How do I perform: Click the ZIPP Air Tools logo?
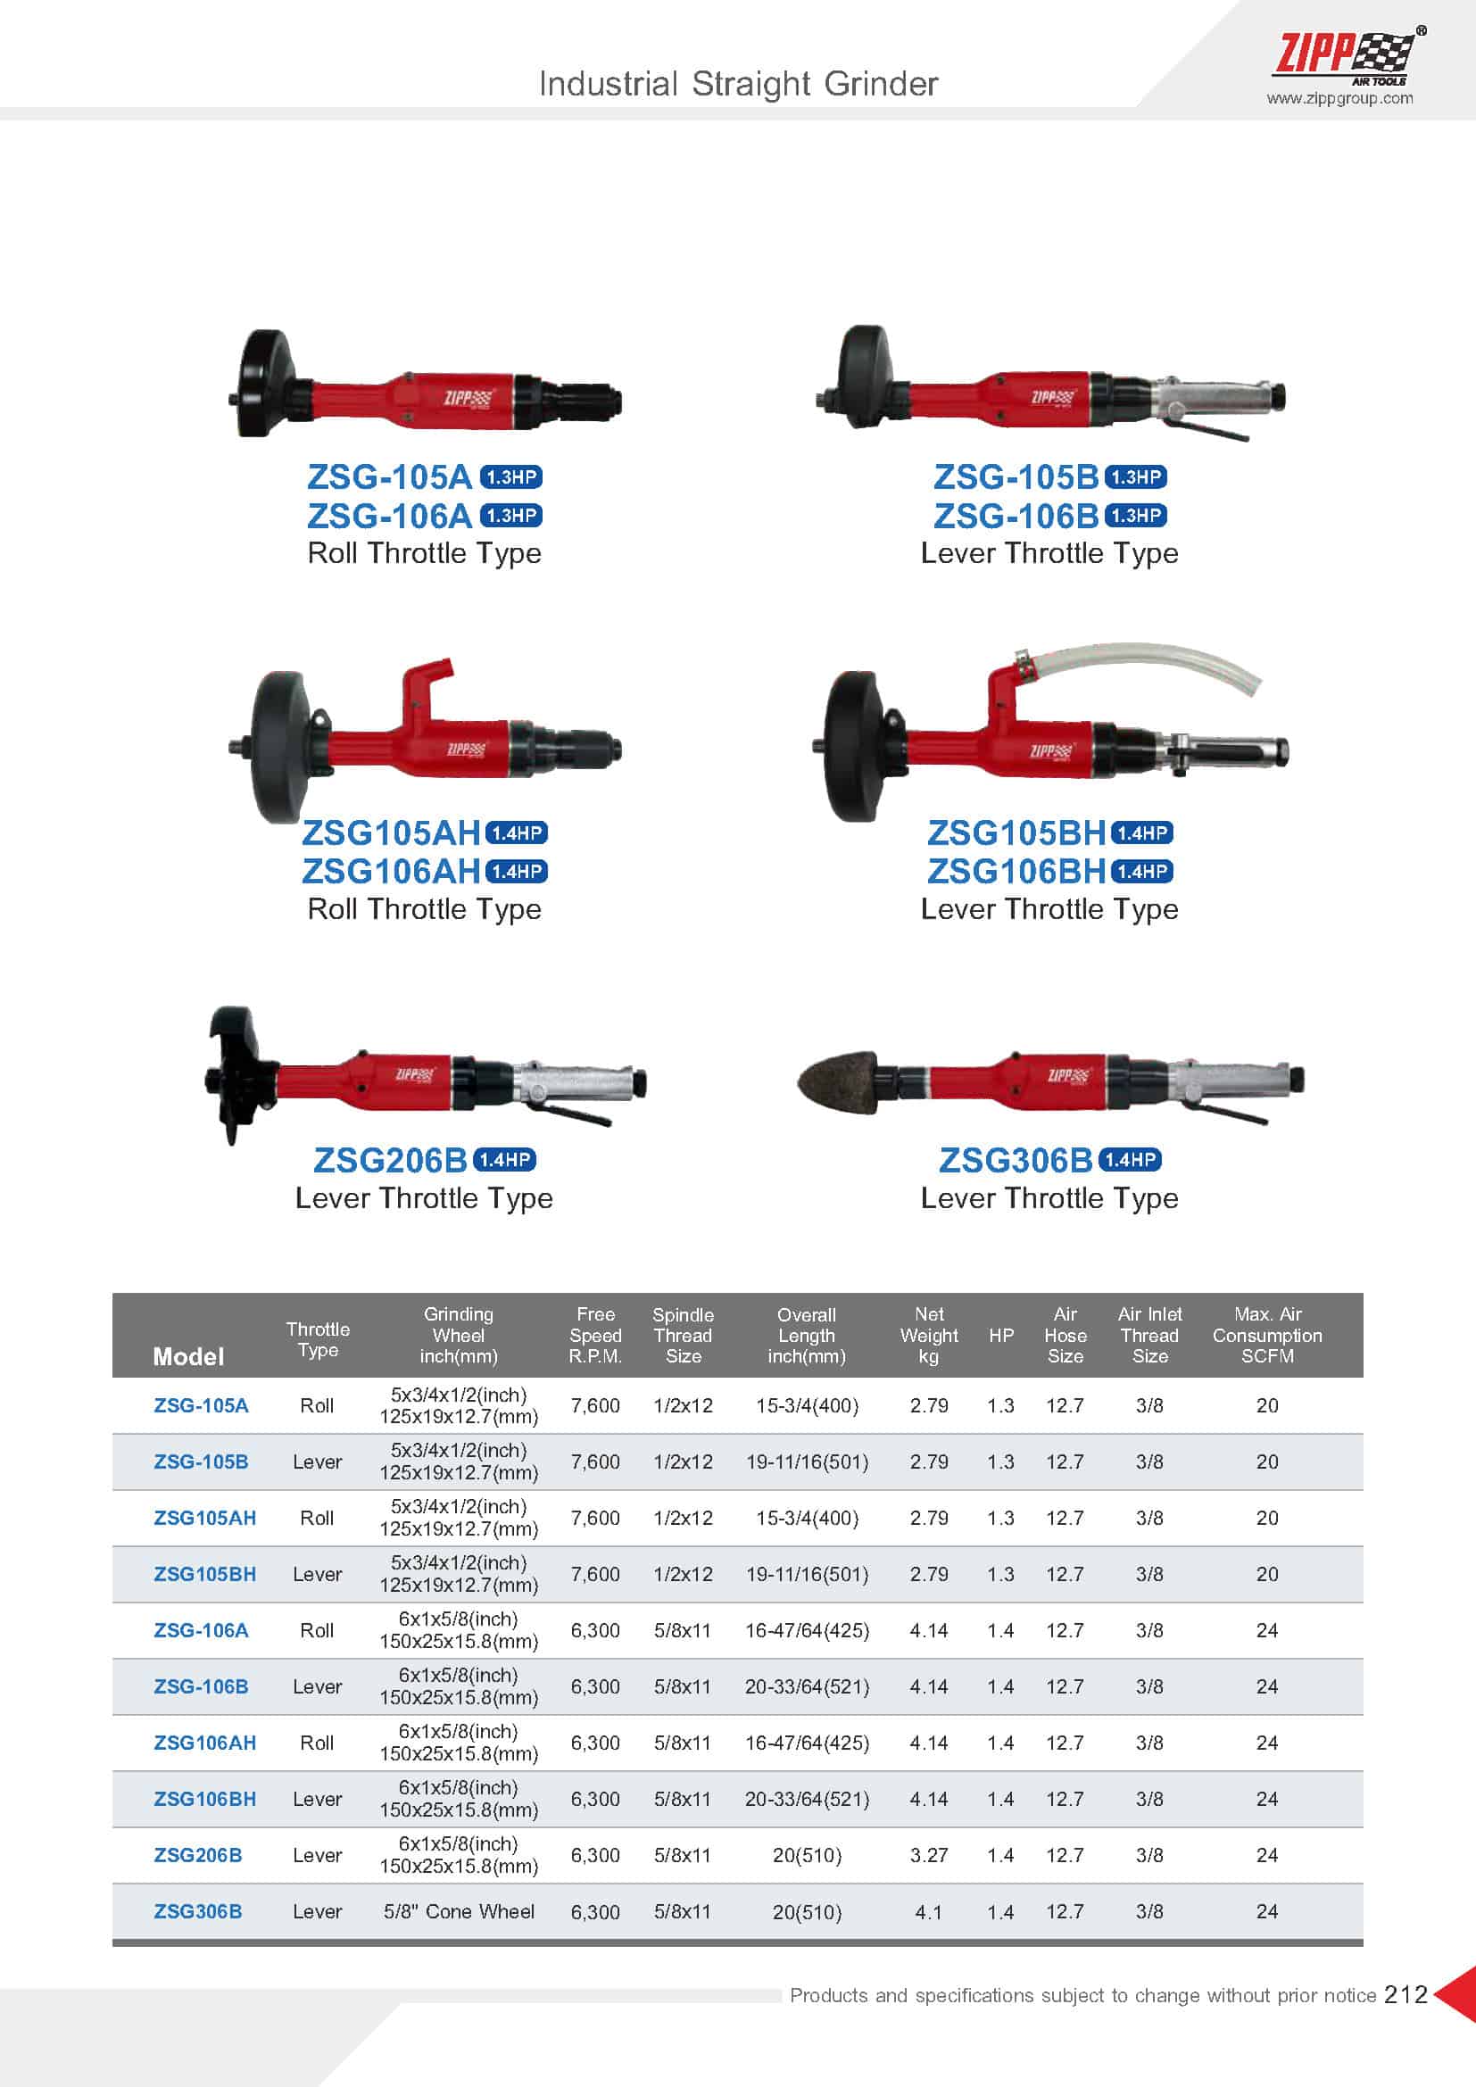[1348, 55]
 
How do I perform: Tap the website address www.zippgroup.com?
[1339, 98]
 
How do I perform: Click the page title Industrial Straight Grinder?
[738, 84]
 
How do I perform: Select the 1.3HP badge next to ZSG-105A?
[510, 477]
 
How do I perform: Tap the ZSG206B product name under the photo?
[390, 1160]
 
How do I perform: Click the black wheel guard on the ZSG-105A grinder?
[265, 383]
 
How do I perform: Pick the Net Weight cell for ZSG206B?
[929, 1855]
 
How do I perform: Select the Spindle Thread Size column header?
[683, 1336]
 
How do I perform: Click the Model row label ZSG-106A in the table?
[201, 1630]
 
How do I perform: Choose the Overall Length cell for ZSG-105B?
[807, 1462]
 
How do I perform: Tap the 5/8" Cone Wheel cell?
[459, 1911]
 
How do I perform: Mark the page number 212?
[1406, 1994]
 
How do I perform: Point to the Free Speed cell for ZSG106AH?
[595, 1743]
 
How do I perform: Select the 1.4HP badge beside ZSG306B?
[1131, 1160]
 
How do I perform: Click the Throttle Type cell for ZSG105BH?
[317, 1573]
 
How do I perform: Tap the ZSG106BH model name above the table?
[1016, 871]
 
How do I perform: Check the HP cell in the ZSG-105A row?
[1000, 1405]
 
